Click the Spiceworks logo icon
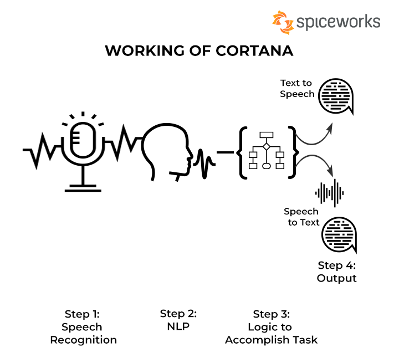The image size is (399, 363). pos(283,23)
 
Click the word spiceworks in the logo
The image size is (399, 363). pos(338,22)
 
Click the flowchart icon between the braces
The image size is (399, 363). pos(267,151)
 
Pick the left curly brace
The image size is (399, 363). pos(243,152)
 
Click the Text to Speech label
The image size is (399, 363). pos(296,89)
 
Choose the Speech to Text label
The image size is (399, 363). pos(303,217)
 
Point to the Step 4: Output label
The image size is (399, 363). pos(336,272)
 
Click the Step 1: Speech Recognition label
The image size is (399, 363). pos(84,326)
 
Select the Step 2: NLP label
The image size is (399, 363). pos(178,320)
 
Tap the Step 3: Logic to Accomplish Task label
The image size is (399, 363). pos(271,326)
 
